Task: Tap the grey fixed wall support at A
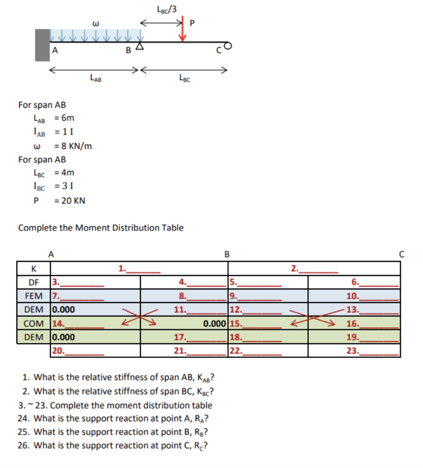[42, 45]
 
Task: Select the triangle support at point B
[140, 47]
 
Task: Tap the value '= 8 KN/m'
[73, 146]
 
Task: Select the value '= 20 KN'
[70, 201]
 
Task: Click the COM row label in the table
[34, 324]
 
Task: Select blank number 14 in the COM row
[78, 324]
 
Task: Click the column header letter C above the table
[402, 254]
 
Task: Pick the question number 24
[23, 418]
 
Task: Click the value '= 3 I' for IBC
[64, 186]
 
